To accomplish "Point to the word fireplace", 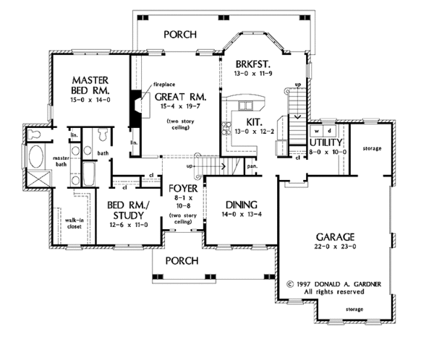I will (x=166, y=85).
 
